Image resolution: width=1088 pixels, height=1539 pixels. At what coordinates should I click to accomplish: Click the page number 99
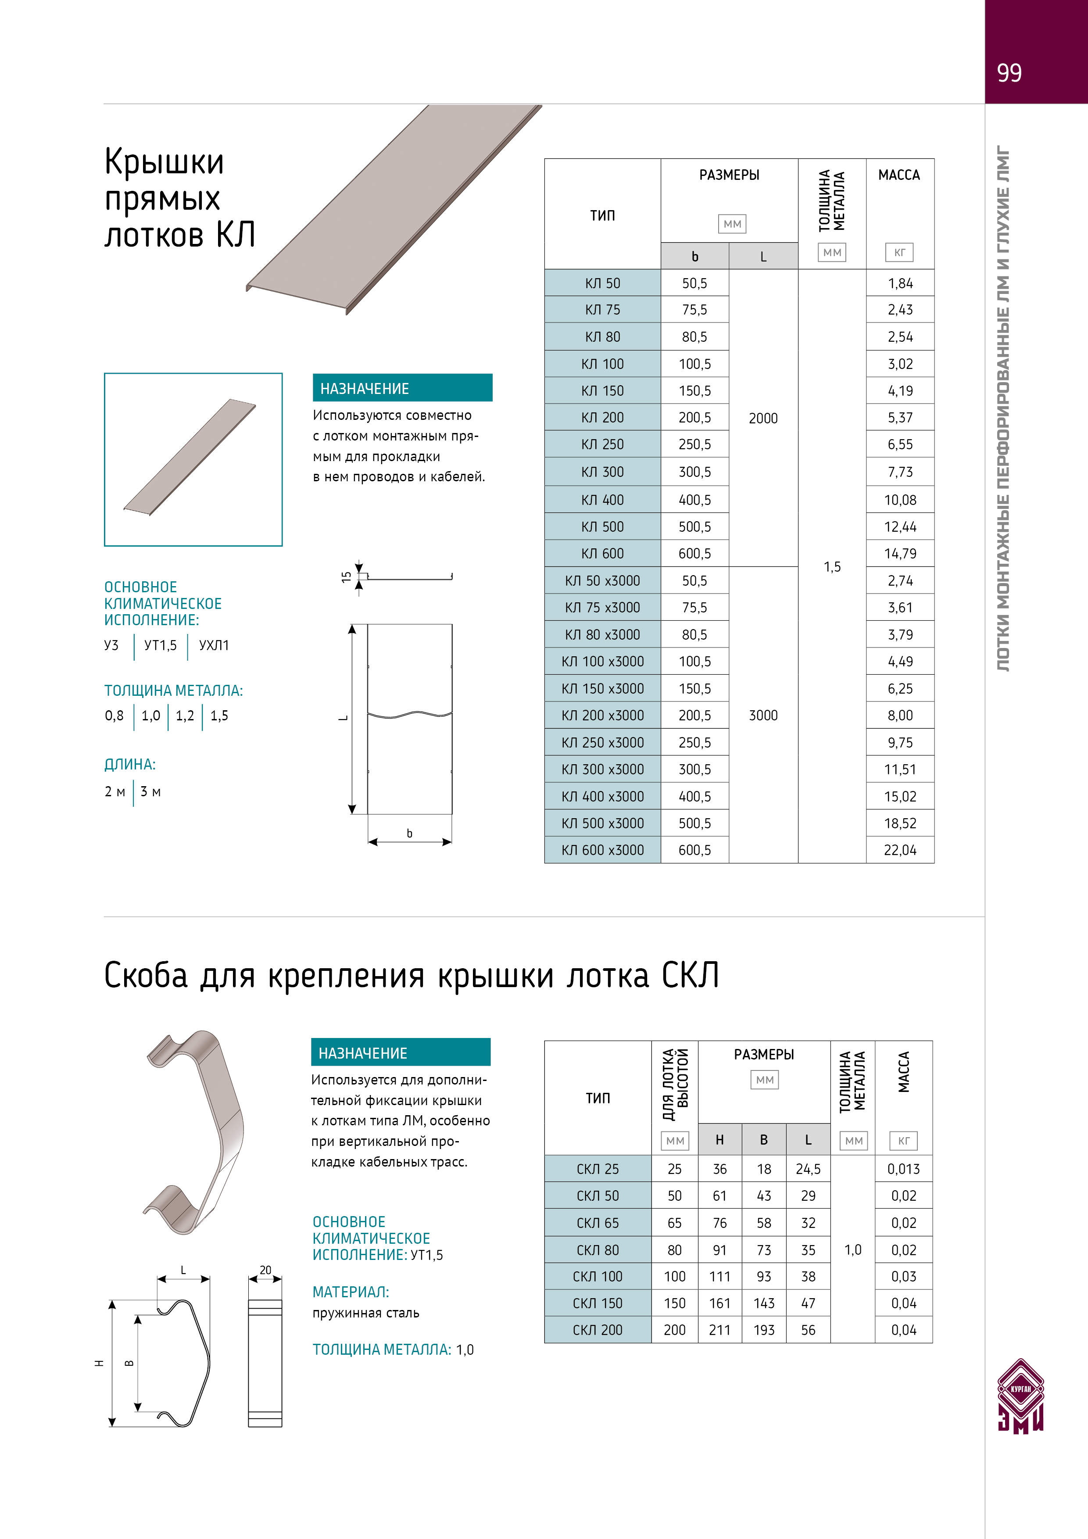[1009, 72]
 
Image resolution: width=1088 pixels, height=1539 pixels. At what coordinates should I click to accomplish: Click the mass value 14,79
[900, 554]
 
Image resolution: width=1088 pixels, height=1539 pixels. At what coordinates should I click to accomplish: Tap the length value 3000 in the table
[763, 715]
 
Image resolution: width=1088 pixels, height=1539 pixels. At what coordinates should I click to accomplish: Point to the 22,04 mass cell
[900, 850]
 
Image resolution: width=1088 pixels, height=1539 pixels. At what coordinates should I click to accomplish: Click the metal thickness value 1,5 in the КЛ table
[832, 567]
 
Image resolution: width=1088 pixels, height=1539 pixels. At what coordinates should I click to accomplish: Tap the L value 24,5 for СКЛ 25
[808, 1169]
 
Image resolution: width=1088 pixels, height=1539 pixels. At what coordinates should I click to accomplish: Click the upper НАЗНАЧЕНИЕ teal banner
[402, 388]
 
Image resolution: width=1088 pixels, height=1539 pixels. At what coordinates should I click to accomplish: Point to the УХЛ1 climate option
[214, 645]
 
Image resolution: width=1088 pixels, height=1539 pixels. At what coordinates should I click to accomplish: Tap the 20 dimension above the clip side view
[265, 1270]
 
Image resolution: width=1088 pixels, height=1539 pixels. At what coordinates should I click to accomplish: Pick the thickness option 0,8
[114, 716]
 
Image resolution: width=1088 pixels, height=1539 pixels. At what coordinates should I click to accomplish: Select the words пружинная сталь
[365, 1313]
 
